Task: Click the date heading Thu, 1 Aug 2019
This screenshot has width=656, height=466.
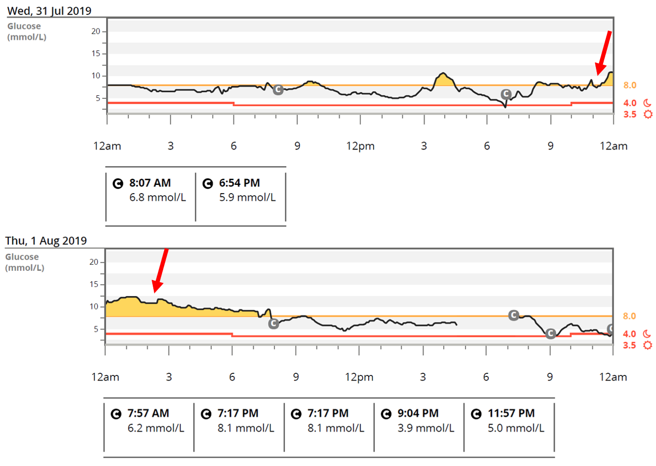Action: pyautogui.click(x=46, y=240)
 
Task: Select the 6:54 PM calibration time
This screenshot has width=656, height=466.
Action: pyautogui.click(x=239, y=183)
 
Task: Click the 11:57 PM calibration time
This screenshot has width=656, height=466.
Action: pyautogui.click(x=511, y=414)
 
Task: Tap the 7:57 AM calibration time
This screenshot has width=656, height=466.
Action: pyautogui.click(x=148, y=414)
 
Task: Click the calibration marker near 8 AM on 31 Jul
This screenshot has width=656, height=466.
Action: pyautogui.click(x=278, y=90)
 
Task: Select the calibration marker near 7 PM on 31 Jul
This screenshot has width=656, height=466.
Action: pyautogui.click(x=506, y=94)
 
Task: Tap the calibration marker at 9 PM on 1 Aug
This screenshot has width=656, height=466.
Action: pyautogui.click(x=550, y=333)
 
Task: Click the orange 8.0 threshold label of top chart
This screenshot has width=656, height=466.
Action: pyautogui.click(x=629, y=85)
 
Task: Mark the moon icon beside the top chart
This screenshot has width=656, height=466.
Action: pyautogui.click(x=647, y=103)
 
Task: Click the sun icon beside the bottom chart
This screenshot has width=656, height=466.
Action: pyautogui.click(x=647, y=345)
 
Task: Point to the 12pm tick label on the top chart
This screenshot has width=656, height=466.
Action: pyautogui.click(x=360, y=146)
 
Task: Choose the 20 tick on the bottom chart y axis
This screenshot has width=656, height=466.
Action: pyautogui.click(x=93, y=262)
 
